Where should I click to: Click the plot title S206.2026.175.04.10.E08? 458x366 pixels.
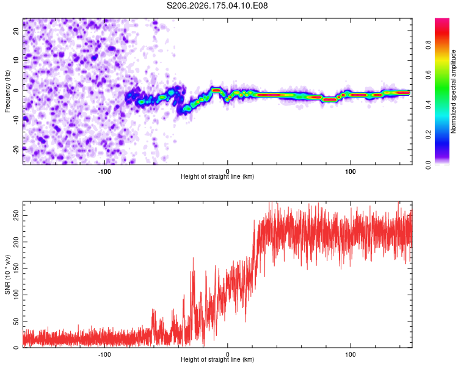tap(217, 5)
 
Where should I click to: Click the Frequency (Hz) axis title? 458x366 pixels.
tap(7, 91)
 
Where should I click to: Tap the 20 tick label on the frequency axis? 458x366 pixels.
tap(16, 31)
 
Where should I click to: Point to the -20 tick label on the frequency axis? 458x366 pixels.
tap(16, 149)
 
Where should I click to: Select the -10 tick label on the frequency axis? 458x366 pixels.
tap(16, 120)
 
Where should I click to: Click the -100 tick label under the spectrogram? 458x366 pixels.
tap(104, 171)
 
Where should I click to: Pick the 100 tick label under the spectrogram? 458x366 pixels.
tap(351, 171)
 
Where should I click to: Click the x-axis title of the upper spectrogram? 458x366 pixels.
tap(217, 176)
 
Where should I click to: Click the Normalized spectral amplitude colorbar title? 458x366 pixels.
tap(453, 91)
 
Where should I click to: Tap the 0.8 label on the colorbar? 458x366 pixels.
tap(428, 45)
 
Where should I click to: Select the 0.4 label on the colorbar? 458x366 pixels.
tap(428, 105)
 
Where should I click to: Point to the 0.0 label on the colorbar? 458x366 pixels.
tap(428, 165)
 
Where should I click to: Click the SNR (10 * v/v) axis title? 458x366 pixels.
tap(7, 274)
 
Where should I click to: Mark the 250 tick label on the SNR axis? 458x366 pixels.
tap(16, 215)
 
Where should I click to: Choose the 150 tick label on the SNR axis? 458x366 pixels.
tap(16, 268)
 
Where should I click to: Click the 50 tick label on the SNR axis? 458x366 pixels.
tap(16, 321)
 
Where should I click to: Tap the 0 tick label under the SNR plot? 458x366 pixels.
tap(227, 354)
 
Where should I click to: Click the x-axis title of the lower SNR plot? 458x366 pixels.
tap(217, 359)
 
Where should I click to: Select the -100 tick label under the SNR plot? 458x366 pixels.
tap(104, 354)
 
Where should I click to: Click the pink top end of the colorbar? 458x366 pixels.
tap(442, 20)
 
